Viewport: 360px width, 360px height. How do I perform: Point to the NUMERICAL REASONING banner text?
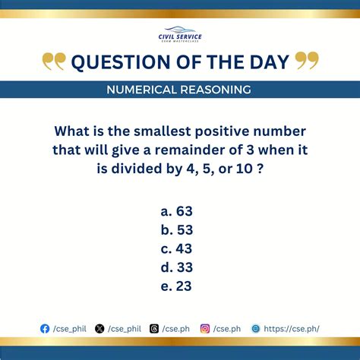[x=180, y=90]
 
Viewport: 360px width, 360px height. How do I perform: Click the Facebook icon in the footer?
[x=45, y=328]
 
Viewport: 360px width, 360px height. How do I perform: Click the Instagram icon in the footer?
[x=205, y=328]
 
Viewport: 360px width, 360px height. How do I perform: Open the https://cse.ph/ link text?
[x=292, y=328]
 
